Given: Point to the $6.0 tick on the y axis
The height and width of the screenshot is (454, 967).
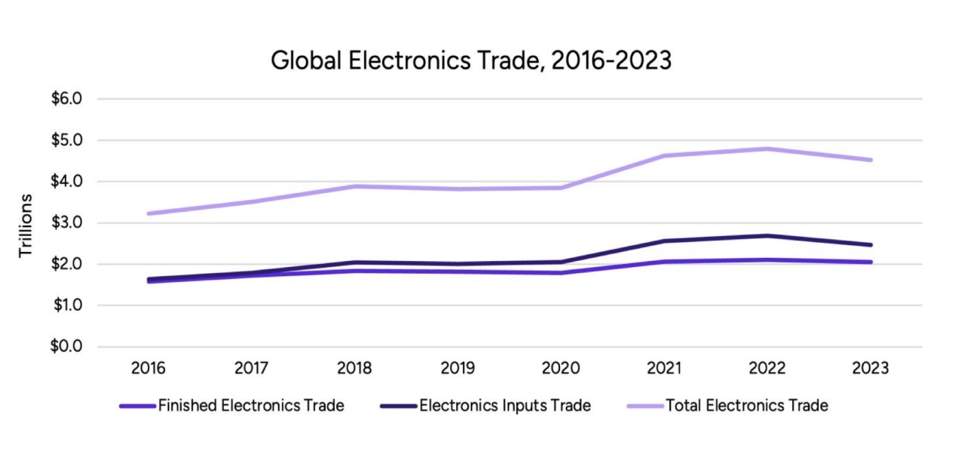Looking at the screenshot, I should tap(66, 99).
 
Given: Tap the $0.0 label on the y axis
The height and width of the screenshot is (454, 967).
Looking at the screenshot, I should tap(66, 347).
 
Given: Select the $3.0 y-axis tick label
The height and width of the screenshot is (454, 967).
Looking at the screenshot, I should tap(66, 223).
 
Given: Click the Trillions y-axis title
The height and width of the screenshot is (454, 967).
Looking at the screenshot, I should tap(26, 225).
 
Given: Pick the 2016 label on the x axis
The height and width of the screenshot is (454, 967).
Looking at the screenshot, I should tap(148, 369).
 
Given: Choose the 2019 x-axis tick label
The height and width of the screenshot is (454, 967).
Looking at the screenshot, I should tap(457, 369).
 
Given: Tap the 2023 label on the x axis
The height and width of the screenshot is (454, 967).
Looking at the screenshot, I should tap(871, 369).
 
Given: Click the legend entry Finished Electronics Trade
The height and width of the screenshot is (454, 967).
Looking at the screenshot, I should tap(251, 406).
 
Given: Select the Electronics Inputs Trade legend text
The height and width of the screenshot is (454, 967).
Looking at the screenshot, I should tap(505, 406).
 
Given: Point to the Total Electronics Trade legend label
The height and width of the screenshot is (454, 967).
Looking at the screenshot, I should tap(747, 406).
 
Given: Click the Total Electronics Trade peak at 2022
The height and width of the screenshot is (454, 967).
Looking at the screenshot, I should tap(767, 149).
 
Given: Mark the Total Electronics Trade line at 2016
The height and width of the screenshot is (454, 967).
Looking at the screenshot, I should tap(148, 213).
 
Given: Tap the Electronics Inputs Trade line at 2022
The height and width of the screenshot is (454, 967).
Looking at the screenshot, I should tap(767, 235).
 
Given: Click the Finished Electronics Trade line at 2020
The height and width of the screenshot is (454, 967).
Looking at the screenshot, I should tap(561, 272).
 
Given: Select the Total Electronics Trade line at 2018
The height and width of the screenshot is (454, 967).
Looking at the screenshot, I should tap(354, 186).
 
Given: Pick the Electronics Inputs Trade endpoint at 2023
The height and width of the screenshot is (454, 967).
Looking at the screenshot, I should tap(871, 244).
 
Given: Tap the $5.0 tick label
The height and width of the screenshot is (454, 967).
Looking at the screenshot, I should tap(66, 140).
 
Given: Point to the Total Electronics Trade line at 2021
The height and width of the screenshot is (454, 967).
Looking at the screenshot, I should tap(664, 155).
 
